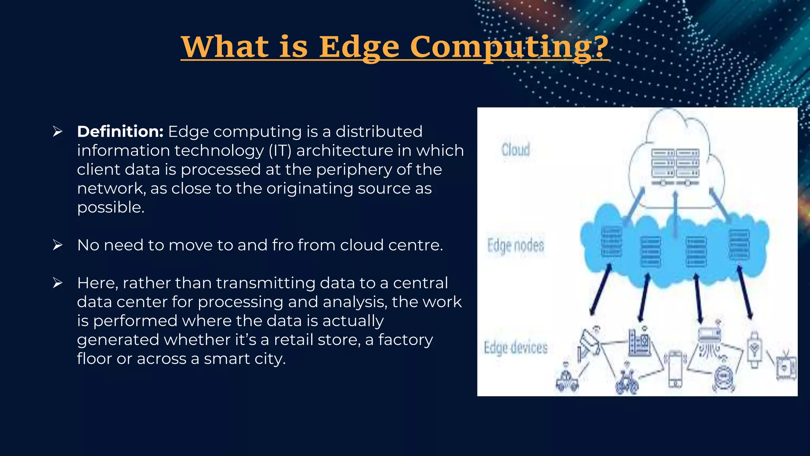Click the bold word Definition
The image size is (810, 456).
click(x=120, y=131)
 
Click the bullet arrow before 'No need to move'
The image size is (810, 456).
click(x=58, y=245)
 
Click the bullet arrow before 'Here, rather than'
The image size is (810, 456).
click(x=58, y=283)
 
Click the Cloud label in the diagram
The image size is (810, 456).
click(x=515, y=150)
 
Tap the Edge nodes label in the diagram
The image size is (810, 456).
click(x=515, y=245)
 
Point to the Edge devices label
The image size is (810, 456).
click(x=515, y=348)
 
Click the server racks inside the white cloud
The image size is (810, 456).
click(x=675, y=166)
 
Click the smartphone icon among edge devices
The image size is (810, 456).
click(x=675, y=368)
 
